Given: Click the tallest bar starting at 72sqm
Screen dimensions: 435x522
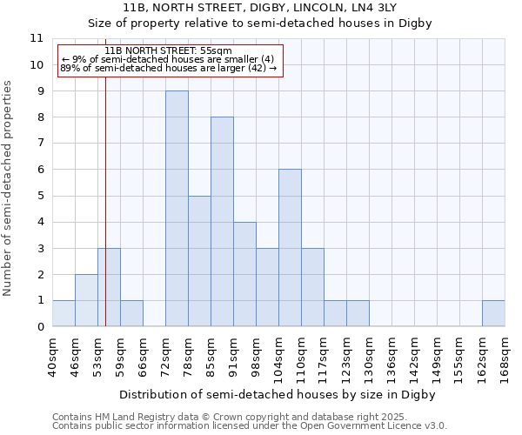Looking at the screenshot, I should click(x=177, y=209).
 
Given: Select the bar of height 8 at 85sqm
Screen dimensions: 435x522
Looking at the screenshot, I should click(x=222, y=222).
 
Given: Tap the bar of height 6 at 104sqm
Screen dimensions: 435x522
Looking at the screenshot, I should click(x=290, y=248).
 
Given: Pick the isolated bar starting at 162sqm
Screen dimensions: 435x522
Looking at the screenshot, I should click(x=493, y=313).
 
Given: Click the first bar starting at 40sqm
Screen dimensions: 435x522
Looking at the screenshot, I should click(x=64, y=313).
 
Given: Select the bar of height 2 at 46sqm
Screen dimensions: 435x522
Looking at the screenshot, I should click(x=86, y=300).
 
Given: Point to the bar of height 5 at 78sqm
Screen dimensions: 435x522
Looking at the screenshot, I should click(x=199, y=261).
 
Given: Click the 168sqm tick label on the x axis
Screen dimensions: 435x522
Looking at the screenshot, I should click(x=505, y=358).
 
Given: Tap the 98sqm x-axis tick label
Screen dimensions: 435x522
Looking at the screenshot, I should click(x=256, y=358).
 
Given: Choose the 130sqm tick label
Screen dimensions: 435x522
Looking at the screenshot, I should click(x=369, y=358).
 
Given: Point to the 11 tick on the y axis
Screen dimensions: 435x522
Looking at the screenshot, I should click(x=36, y=38).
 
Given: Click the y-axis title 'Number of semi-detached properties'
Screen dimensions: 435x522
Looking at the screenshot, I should click(x=8, y=188).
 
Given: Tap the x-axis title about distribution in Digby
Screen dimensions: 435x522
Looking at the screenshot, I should click(x=277, y=394).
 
